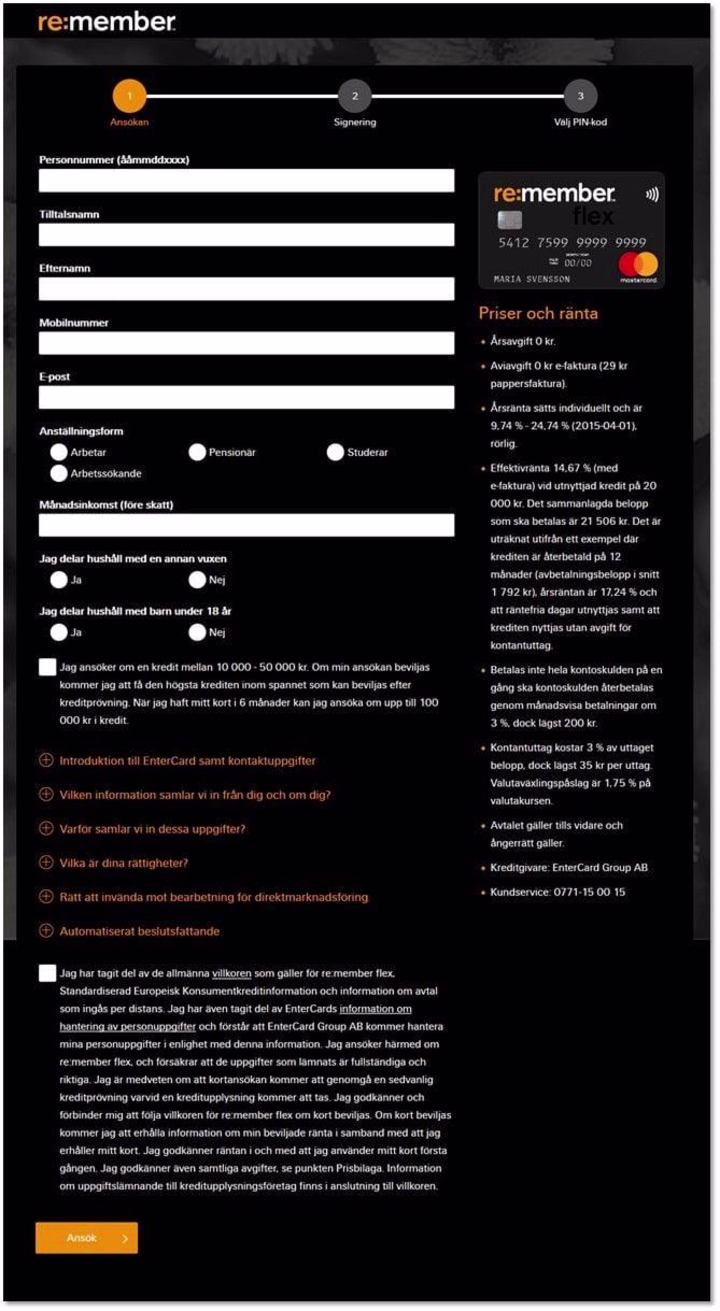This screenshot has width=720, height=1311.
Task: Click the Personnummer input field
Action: click(246, 181)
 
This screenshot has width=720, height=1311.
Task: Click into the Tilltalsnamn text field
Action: click(246, 235)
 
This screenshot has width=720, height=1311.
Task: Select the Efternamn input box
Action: click(246, 289)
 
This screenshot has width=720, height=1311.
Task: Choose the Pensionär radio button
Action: click(197, 452)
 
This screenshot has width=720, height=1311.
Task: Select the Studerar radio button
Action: click(335, 452)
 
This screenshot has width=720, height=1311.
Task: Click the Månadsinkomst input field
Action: click(246, 525)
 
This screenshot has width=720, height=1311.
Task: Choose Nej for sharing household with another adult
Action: click(197, 580)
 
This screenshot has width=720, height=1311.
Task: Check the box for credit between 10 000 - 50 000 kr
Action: click(47, 667)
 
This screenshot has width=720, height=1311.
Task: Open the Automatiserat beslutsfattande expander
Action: click(46, 931)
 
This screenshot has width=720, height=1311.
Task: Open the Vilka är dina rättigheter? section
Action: click(46, 863)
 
